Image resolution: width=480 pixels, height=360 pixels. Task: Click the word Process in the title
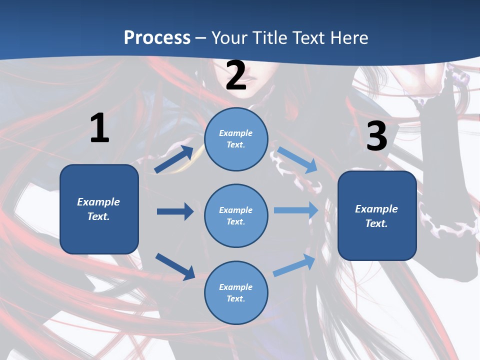coord(157,37)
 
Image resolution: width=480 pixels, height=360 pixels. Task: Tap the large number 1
coord(99,128)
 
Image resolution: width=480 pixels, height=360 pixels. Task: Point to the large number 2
coord(236,76)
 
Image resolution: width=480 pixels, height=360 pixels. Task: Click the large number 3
coord(376,136)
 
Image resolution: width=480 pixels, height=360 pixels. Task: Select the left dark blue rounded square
coord(99,209)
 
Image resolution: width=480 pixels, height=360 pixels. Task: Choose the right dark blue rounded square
coord(377,216)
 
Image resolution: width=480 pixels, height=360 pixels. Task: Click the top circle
coord(236,139)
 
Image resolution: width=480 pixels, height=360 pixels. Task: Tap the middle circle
coord(236,216)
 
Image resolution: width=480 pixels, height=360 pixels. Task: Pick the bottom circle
coord(236,293)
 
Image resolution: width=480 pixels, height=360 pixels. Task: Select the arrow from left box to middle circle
coord(175,211)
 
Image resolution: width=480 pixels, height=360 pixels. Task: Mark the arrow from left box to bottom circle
coord(175,266)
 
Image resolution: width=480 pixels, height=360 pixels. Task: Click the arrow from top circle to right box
coord(297,160)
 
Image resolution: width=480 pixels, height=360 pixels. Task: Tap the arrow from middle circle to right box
coord(296,210)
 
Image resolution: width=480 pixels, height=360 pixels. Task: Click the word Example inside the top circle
coord(236,133)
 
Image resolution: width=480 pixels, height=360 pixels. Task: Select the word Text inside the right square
coord(376,223)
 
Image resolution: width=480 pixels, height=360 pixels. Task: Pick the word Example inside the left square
coord(98,202)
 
